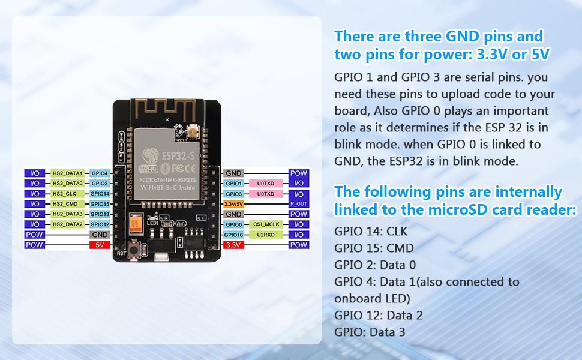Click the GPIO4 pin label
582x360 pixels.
coord(100,173)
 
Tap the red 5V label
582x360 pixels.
coord(100,245)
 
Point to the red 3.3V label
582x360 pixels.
coord(232,245)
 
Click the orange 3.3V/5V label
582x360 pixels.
coord(232,204)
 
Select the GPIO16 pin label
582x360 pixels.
coord(233,235)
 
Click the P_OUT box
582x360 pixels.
coord(298,204)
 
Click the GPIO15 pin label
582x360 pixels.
coord(100,204)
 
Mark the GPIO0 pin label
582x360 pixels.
coord(233,224)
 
